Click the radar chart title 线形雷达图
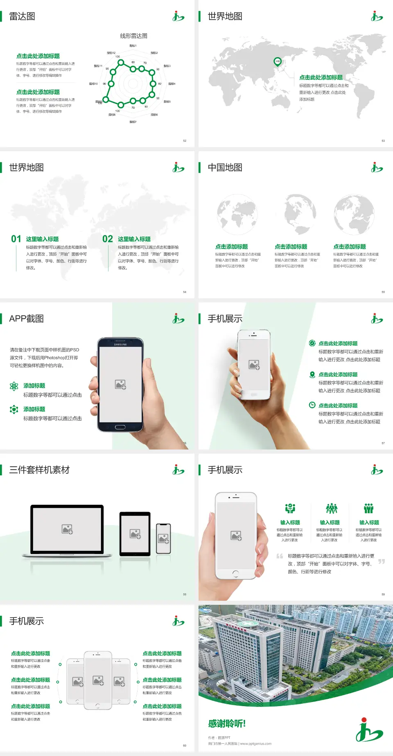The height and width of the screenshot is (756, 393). (x=133, y=36)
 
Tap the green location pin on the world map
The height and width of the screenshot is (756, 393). (x=278, y=62)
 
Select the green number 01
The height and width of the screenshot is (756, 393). (x=16, y=239)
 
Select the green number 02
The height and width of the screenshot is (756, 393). (x=108, y=239)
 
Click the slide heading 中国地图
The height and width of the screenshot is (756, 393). (x=225, y=168)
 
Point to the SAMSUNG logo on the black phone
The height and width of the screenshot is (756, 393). (x=120, y=344)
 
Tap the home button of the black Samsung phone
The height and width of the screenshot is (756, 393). (x=120, y=427)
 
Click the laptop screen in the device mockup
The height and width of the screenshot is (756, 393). (x=67, y=529)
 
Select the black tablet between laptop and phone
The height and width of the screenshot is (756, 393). (x=135, y=533)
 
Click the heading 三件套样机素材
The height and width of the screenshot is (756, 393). (x=39, y=470)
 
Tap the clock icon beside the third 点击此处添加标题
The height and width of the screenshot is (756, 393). (x=312, y=405)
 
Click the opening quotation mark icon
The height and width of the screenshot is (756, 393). (x=280, y=556)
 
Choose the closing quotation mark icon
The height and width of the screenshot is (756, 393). (x=382, y=561)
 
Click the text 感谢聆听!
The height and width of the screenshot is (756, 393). (x=227, y=724)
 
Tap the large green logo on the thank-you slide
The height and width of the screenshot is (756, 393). (x=369, y=730)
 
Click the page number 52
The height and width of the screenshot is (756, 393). (x=185, y=141)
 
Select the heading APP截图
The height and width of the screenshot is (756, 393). (x=26, y=319)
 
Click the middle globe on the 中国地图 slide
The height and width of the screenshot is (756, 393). (x=295, y=214)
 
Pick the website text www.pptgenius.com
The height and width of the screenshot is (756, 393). (x=256, y=744)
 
